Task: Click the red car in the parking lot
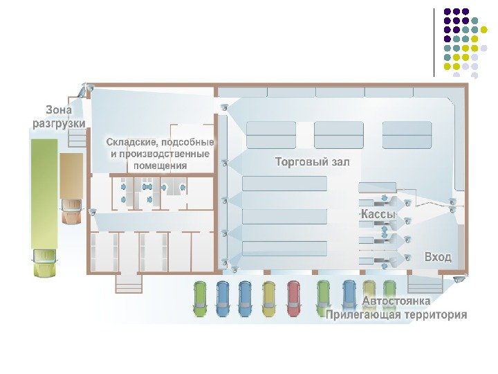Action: pyautogui.click(x=293, y=298)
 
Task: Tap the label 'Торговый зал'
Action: pyautogui.click(x=313, y=162)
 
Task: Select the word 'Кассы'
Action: pyautogui.click(x=378, y=215)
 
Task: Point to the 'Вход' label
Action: pyautogui.click(x=438, y=257)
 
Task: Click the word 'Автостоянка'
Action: pyautogui.click(x=396, y=301)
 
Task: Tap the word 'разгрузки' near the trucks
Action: pyautogui.click(x=59, y=123)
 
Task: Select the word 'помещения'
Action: pyautogui.click(x=160, y=166)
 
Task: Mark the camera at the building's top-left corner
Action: pyautogui.click(x=89, y=89)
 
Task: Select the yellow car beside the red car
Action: pyautogui.click(x=269, y=298)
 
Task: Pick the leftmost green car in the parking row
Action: pyautogui.click(x=200, y=298)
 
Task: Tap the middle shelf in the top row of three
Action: pyautogui.click(x=338, y=134)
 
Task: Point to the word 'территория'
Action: pyautogui.click(x=435, y=315)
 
